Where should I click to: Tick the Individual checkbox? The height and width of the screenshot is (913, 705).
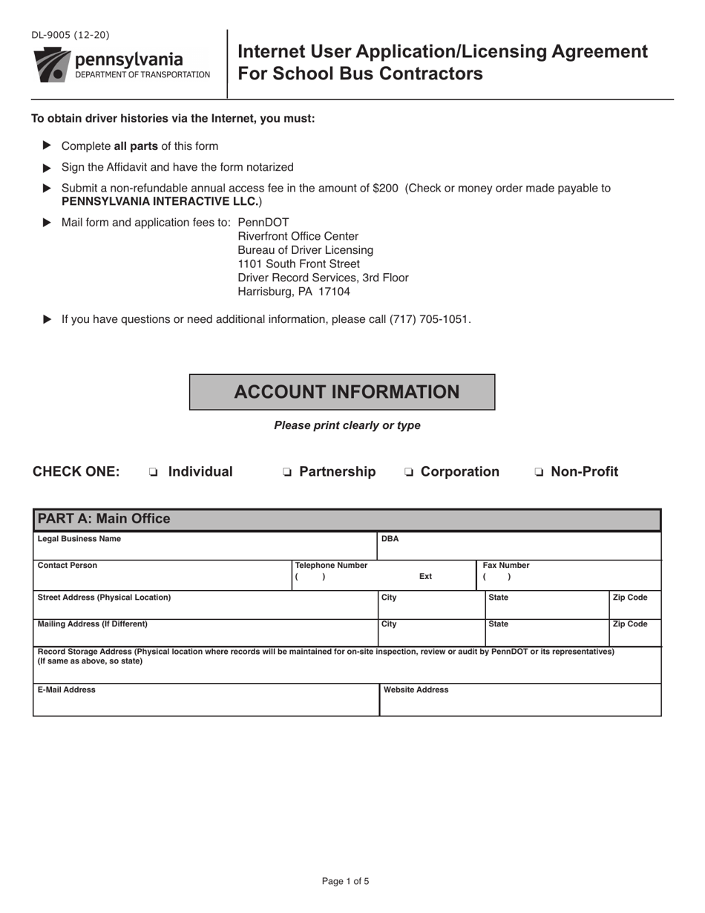pyautogui.click(x=153, y=472)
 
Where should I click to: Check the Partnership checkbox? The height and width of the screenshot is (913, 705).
pyautogui.click(x=286, y=472)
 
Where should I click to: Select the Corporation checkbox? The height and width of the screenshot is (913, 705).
pyautogui.click(x=408, y=472)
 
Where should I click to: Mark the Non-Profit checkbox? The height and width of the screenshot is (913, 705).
pyautogui.click(x=539, y=472)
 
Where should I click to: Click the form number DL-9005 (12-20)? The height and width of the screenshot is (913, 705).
pyautogui.click(x=70, y=35)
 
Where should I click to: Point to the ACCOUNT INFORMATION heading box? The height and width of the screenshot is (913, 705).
pyautogui.click(x=342, y=392)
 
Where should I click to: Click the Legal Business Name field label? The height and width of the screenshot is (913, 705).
pyautogui.click(x=79, y=539)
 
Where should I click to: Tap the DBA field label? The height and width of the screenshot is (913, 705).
pyautogui.click(x=390, y=539)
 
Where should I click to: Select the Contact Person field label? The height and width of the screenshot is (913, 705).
pyautogui.click(x=67, y=566)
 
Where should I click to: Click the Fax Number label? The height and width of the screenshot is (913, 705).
pyautogui.click(x=506, y=566)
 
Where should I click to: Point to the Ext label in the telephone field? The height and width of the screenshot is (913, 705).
pyautogui.click(x=425, y=577)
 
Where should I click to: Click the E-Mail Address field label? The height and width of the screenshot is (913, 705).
pyautogui.click(x=66, y=690)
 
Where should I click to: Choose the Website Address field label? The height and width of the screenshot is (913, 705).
pyautogui.click(x=416, y=690)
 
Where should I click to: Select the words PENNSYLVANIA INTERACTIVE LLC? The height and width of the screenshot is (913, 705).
pyautogui.click(x=160, y=201)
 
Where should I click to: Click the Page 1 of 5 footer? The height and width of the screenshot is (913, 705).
pyautogui.click(x=345, y=881)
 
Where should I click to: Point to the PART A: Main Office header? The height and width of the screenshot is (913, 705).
pyautogui.click(x=104, y=519)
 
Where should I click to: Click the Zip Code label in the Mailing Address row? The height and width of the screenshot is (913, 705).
pyautogui.click(x=630, y=624)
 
